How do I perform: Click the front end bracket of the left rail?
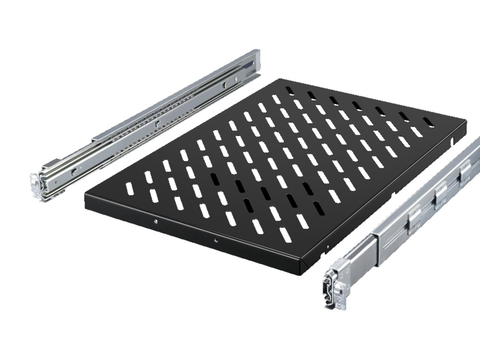40,184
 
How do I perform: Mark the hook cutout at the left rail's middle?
156,124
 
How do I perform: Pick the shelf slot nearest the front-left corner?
129,189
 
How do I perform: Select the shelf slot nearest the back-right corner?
428,121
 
